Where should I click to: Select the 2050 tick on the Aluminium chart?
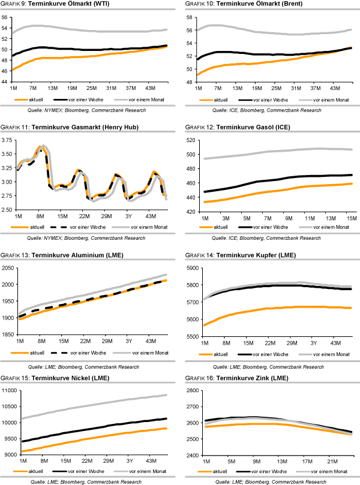8,267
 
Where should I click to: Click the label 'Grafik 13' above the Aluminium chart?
13,256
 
